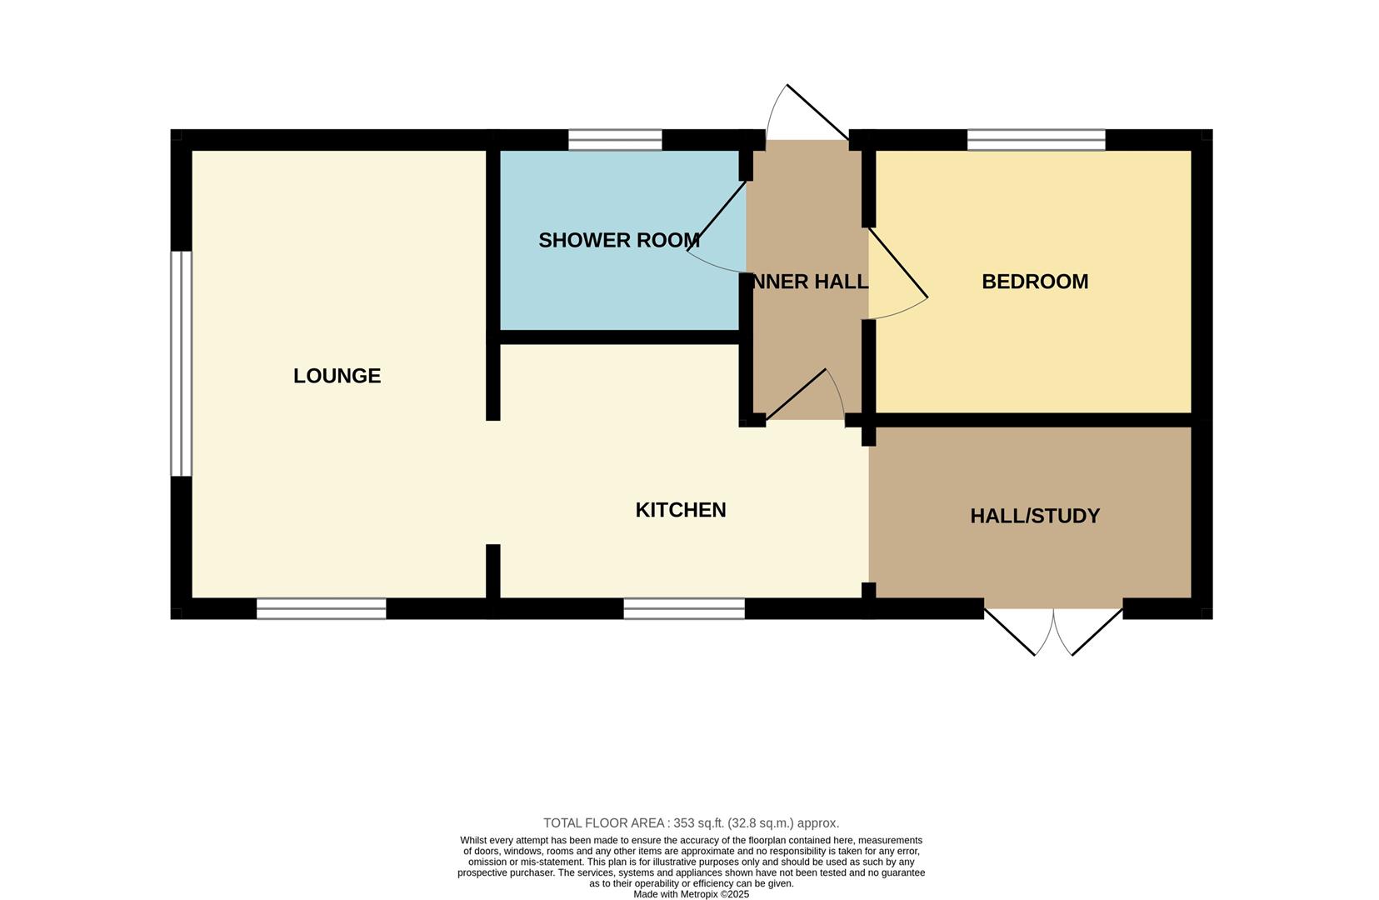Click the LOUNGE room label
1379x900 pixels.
(x=337, y=376)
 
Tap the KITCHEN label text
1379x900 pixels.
(x=680, y=510)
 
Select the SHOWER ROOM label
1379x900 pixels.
(x=619, y=240)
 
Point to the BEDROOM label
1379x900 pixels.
(x=1035, y=282)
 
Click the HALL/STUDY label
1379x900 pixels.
(x=1035, y=516)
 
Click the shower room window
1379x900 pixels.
(x=615, y=140)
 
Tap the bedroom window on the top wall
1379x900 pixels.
(x=1036, y=140)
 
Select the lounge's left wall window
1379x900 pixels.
(x=181, y=363)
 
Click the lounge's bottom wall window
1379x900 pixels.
(x=321, y=609)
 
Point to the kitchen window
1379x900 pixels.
(x=684, y=609)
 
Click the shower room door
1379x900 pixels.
(x=717, y=217)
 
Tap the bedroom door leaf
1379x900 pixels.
(x=897, y=262)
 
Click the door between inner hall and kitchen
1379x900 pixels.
(x=796, y=395)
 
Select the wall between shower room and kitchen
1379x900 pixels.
(x=619, y=337)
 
